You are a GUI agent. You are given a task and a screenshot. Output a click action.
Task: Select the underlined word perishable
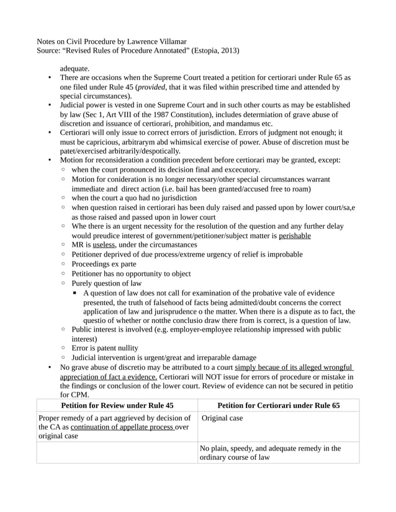click(x=295, y=236)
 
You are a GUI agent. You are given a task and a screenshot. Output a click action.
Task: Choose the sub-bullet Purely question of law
click(x=106, y=283)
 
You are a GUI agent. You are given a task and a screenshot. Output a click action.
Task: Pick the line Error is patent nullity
click(x=104, y=348)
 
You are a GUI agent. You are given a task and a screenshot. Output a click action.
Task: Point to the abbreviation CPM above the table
click(x=81, y=394)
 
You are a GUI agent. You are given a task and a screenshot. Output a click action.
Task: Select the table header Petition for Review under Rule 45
click(x=117, y=405)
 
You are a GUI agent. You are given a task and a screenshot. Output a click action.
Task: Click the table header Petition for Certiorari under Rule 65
click(x=279, y=405)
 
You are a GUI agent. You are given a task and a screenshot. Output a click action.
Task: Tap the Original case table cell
click(x=223, y=418)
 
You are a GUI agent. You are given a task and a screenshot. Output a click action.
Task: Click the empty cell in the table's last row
click(x=117, y=452)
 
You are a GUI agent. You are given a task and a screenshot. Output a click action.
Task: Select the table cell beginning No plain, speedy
click(x=271, y=452)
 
